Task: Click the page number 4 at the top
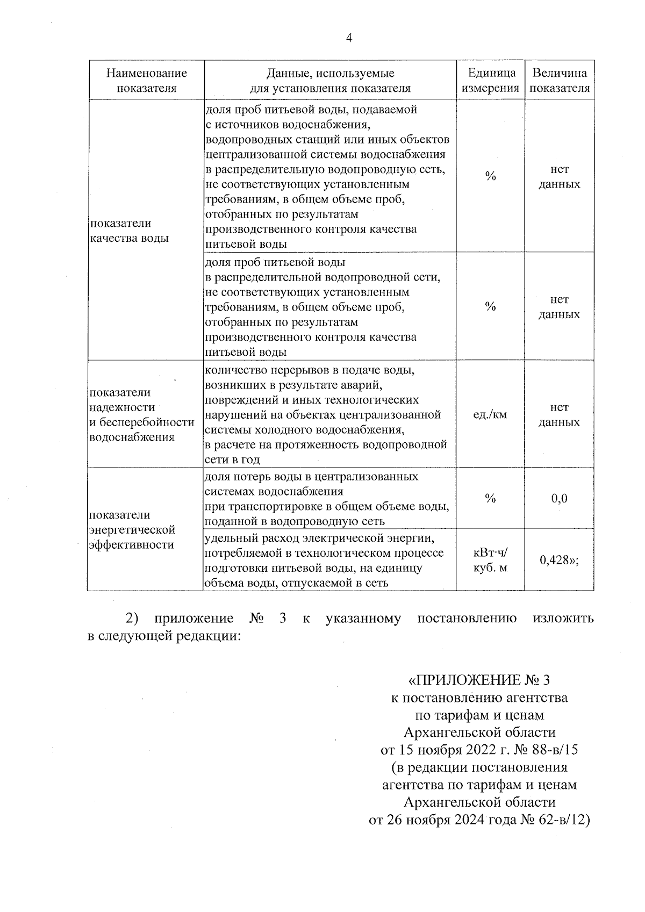(349, 38)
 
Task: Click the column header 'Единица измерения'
(490, 81)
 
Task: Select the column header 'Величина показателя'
(559, 81)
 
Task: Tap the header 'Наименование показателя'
(146, 81)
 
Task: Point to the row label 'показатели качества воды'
(129, 231)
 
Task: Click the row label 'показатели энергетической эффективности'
(132, 530)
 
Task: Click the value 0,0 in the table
(559, 498)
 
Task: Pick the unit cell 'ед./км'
(490, 414)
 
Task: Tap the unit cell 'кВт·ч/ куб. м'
(490, 560)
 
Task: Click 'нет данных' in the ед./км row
(559, 414)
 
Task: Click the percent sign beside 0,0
(490, 498)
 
